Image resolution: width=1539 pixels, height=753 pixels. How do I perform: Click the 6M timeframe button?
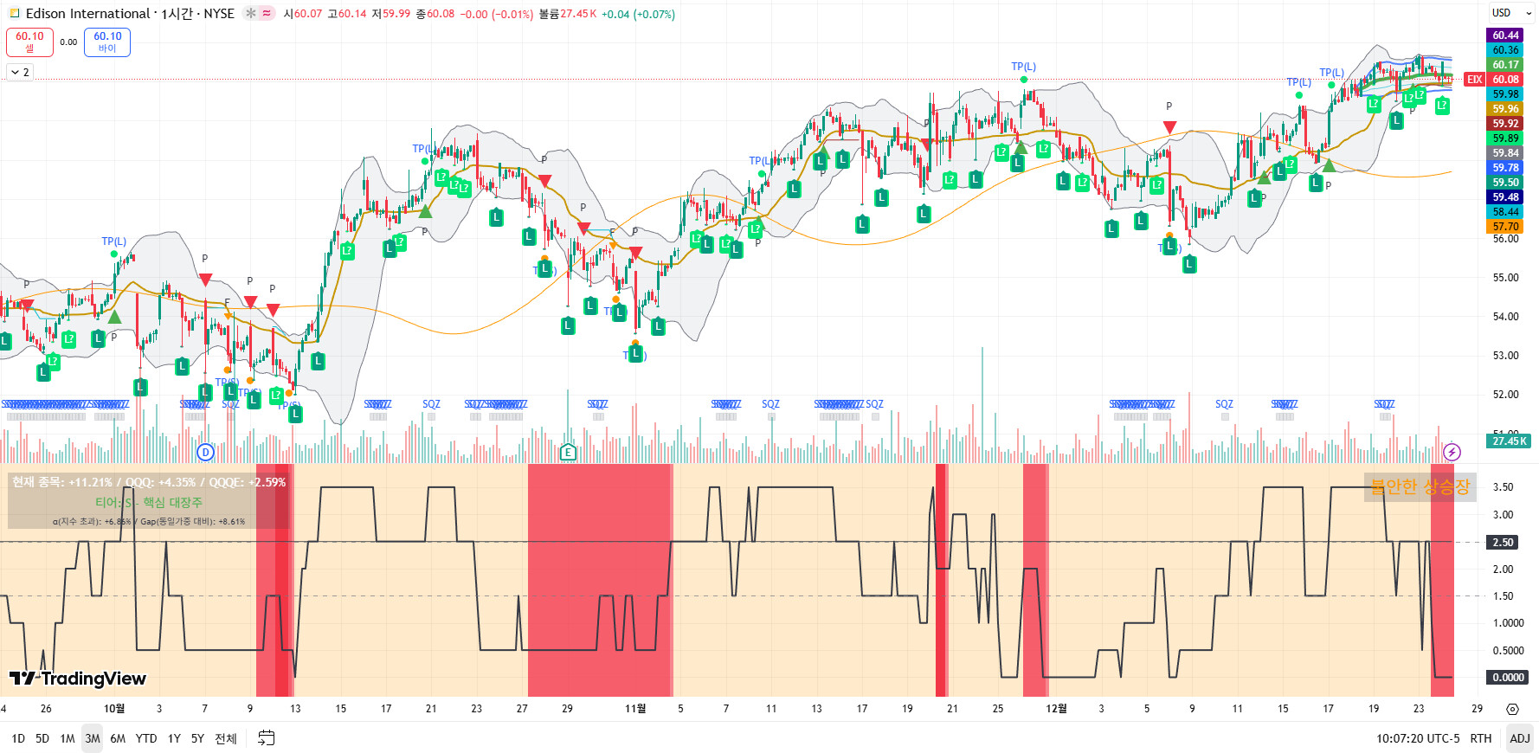click(x=118, y=738)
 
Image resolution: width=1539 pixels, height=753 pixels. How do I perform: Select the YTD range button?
click(x=146, y=738)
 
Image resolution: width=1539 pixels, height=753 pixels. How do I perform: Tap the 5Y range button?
click(x=197, y=738)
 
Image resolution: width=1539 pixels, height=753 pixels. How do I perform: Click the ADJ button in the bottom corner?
click(x=1519, y=738)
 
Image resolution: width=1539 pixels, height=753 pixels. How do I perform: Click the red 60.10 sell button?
click(x=29, y=42)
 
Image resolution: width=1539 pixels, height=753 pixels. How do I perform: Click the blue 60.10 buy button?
click(x=107, y=42)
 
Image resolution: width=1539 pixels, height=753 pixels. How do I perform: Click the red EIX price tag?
click(x=1474, y=80)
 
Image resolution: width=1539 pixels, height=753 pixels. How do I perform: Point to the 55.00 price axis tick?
click(x=1505, y=278)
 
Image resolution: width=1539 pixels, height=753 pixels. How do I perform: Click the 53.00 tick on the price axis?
click(x=1505, y=356)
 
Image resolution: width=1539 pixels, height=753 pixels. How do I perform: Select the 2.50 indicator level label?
click(x=1503, y=543)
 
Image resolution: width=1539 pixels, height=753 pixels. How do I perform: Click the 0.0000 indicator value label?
click(x=1508, y=678)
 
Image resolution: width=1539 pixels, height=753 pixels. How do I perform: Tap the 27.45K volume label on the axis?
click(x=1509, y=441)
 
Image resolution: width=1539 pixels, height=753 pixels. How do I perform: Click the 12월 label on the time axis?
click(x=1056, y=709)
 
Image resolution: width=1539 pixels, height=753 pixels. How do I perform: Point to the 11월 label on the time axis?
click(x=635, y=709)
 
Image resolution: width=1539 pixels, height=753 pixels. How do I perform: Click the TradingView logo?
click(x=78, y=679)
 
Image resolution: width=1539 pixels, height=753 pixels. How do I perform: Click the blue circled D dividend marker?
click(x=205, y=452)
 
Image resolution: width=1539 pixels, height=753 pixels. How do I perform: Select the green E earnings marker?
click(x=568, y=452)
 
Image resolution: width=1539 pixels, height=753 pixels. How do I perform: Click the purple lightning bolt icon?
click(x=1452, y=452)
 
